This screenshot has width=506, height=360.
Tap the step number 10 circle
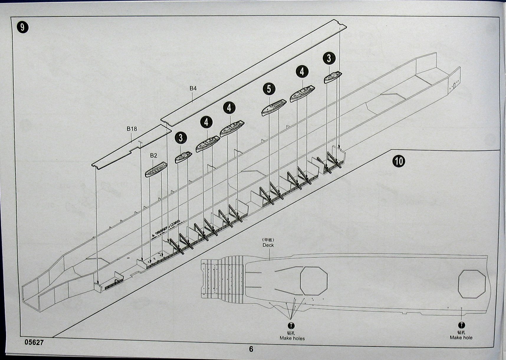coord(399,161)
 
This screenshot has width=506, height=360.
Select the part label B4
coord(193,88)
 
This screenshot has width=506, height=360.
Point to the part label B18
coord(132,129)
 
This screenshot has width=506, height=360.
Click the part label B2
coord(153,156)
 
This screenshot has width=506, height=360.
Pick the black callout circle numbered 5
coord(269,89)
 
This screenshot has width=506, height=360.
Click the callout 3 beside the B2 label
coord(180,137)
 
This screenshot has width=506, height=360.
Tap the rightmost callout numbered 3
coord(329,58)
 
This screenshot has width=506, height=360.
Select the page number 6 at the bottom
coord(251,349)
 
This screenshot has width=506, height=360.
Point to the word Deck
coord(268,245)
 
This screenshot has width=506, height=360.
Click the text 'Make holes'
coord(292,338)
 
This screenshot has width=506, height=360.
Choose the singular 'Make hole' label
coord(461,338)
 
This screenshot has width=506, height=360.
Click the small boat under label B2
coord(156,170)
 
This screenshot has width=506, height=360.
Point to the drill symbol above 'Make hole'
coord(461,325)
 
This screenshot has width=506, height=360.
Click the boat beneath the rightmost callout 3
coord(333,77)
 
